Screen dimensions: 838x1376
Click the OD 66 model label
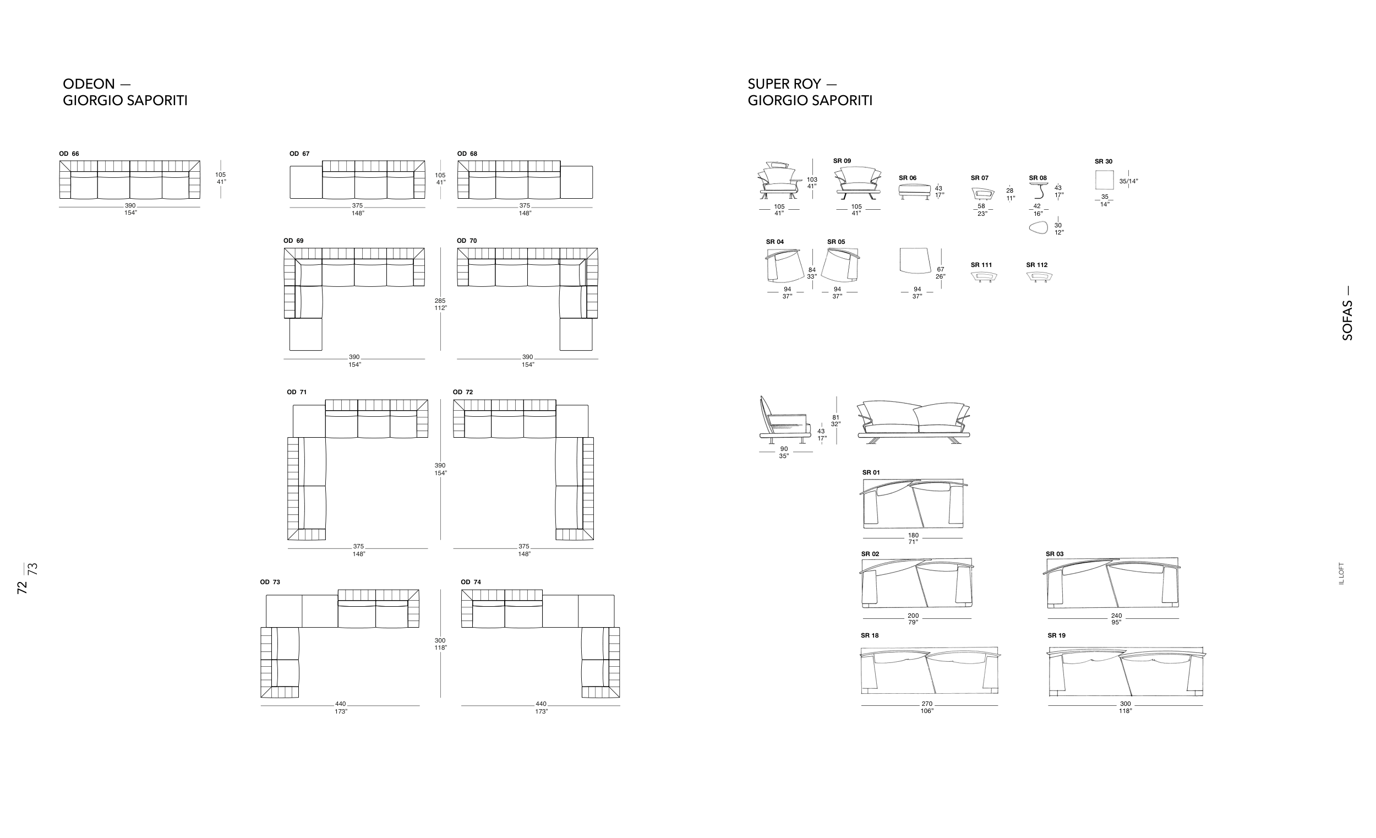pos(69,154)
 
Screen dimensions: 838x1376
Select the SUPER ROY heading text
pos(784,84)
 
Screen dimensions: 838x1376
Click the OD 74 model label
pos(470,581)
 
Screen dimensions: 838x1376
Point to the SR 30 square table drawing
pos(1104,181)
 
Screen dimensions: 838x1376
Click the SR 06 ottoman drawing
pos(914,191)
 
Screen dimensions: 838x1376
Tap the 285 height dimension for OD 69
pos(440,301)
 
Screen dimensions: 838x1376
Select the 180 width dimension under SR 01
pos(913,535)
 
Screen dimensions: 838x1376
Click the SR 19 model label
pos(1057,635)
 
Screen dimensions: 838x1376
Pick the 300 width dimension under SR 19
pos(1125,704)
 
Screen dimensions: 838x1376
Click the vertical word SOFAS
pos(1347,320)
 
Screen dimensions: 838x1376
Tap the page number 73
pos(33,569)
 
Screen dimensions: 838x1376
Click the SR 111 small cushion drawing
pos(984,276)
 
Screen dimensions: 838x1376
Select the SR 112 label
pos(1036,265)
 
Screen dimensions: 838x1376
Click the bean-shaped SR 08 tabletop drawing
pos(1039,228)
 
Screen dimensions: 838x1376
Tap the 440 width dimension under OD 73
pos(341,704)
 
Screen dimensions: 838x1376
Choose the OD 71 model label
pos(297,392)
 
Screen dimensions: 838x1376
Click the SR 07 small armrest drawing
pos(984,193)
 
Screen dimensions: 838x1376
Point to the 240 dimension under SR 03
pos(1116,616)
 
